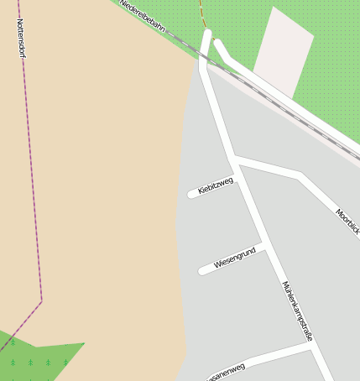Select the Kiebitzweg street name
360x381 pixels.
click(215, 185)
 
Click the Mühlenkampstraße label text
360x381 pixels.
click(297, 310)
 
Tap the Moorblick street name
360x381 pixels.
click(347, 220)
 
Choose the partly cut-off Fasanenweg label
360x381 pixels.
click(225, 371)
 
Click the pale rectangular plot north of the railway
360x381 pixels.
click(283, 51)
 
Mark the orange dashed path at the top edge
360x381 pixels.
click(201, 13)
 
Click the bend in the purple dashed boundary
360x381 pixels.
click(41, 300)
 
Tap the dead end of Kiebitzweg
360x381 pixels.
click(191, 195)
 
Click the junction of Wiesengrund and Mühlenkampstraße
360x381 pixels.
click(263, 247)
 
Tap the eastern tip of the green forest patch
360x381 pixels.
click(84, 343)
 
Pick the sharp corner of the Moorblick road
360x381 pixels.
click(300, 175)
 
